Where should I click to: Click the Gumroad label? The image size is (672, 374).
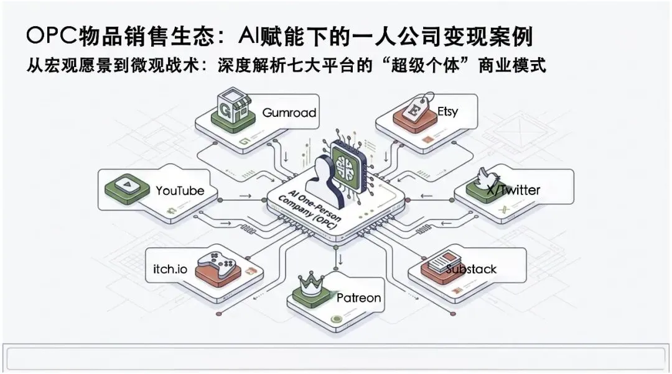289,113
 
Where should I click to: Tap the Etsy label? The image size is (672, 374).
447,112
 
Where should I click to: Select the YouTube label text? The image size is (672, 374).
180,191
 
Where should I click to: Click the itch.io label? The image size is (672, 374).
170,268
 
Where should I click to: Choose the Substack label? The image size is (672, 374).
471,268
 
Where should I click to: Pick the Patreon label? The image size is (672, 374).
358,298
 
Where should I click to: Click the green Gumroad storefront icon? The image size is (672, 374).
231,112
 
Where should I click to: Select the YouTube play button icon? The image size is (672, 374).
126,185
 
